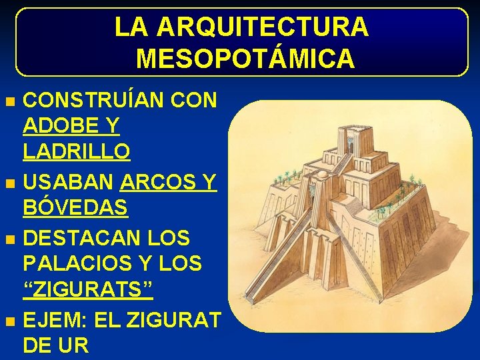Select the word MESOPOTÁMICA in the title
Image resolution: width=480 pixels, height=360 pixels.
click(245, 59)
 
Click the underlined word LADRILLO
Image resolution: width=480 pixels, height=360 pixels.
click(77, 151)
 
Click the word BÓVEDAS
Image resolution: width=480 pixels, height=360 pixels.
click(75, 208)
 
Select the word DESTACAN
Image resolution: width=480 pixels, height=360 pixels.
click(83, 237)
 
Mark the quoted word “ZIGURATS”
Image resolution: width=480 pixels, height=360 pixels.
click(88, 291)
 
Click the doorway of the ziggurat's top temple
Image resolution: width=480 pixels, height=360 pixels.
click(350, 141)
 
